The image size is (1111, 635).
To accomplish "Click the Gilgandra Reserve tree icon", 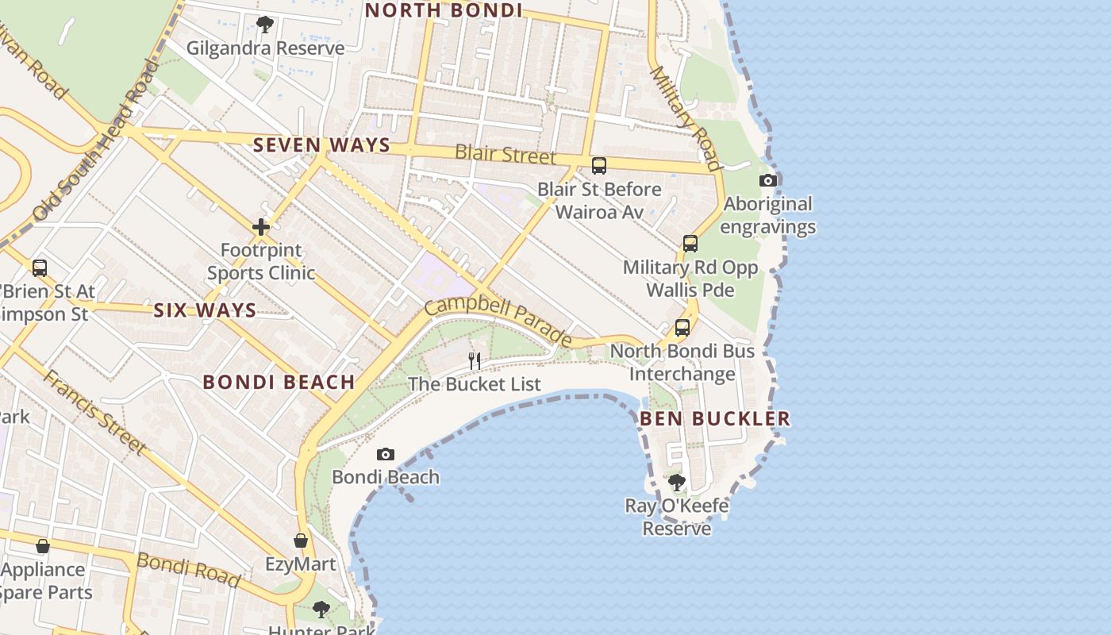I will click(265, 25).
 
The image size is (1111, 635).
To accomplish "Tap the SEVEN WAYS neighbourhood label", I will click(321, 145).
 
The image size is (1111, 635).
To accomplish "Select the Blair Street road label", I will click(506, 153).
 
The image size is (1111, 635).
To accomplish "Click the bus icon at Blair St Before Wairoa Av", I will click(599, 166).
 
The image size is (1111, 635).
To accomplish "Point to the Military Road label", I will click(685, 118).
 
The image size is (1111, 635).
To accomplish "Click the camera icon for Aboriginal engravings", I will click(767, 180).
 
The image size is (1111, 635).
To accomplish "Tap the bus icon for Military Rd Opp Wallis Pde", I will click(690, 244).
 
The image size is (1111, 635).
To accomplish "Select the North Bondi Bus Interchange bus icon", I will click(682, 327).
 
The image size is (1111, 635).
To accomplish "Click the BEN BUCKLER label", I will click(715, 418).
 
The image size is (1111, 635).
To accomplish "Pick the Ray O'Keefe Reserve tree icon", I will click(676, 482).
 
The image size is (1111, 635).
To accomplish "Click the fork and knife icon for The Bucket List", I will click(475, 360).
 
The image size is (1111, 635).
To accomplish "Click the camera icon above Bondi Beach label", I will click(386, 454).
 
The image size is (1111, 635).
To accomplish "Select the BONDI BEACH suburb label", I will click(279, 382).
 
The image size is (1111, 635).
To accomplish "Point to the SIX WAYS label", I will click(205, 310).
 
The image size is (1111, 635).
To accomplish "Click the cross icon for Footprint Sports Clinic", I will click(261, 228).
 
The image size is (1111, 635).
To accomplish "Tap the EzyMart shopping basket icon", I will click(301, 541).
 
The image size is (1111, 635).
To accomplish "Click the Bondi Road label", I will click(189, 570).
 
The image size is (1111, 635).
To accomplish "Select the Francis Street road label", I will click(94, 412).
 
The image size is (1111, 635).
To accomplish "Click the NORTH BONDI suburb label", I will click(443, 10).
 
